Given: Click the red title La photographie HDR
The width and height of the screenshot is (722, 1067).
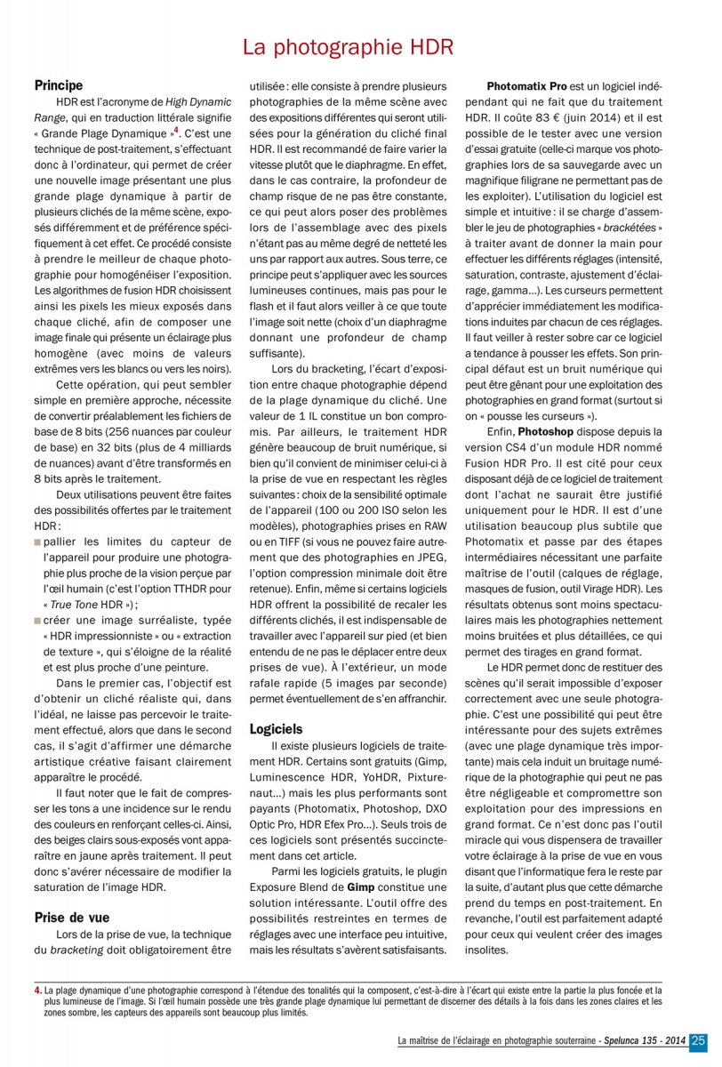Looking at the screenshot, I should tap(349, 47).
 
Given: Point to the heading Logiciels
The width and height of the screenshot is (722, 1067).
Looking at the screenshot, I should tap(277, 727).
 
